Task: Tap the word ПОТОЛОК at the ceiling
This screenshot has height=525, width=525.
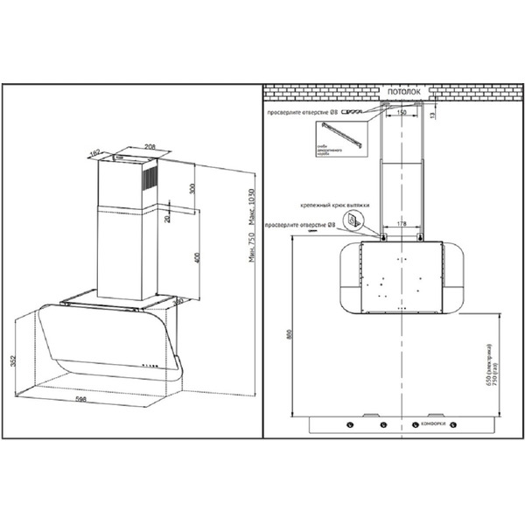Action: point(402,91)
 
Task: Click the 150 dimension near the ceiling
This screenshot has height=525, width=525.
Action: point(400,113)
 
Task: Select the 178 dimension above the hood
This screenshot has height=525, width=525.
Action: point(400,224)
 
